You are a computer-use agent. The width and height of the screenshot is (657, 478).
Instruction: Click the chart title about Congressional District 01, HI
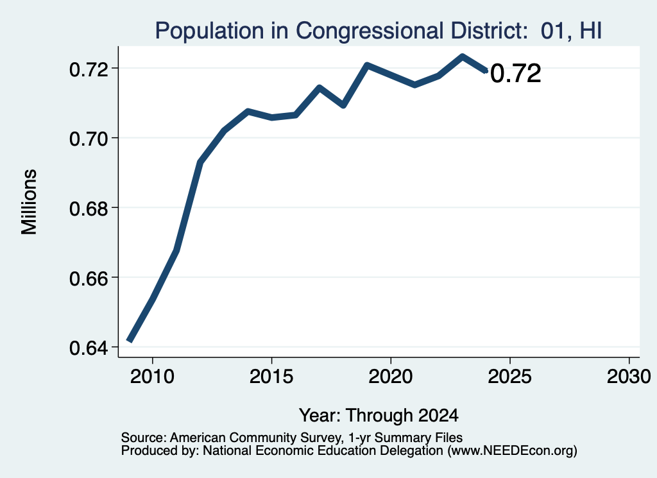pos(379,31)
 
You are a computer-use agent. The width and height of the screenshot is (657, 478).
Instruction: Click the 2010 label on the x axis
pos(152,377)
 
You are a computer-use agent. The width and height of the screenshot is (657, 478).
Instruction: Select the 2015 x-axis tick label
pos(271,377)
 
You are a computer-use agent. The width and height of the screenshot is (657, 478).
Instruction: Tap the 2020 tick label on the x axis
pos(391,377)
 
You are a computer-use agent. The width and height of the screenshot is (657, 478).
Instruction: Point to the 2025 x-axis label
pos(510,377)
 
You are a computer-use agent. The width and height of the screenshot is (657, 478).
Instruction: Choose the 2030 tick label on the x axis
pos(629,377)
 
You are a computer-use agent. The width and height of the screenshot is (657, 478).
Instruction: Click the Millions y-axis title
pos(30,201)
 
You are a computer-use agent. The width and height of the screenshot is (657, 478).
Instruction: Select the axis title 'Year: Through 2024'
pos(379,416)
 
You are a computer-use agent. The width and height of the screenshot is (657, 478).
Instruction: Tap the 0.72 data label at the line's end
pos(515,74)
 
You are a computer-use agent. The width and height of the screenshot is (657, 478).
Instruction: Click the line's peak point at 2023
pos(462,56)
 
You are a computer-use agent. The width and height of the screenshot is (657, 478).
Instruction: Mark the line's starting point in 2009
pos(130,341)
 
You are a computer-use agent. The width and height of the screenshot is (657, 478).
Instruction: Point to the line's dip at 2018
pos(343,105)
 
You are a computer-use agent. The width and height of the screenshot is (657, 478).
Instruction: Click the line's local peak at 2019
pos(367,65)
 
